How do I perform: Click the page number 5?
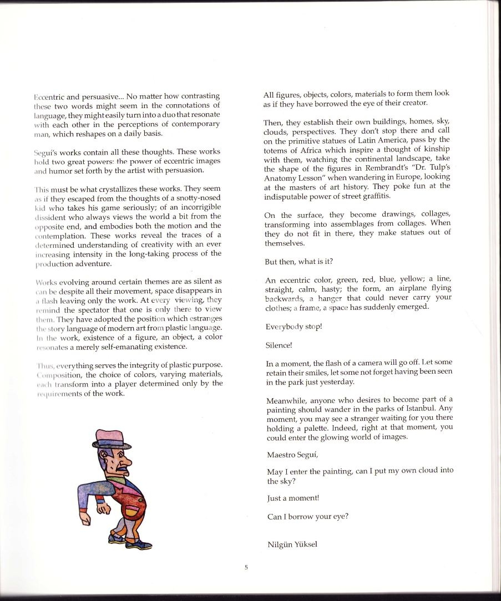[246, 567]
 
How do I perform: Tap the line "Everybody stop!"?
[293, 327]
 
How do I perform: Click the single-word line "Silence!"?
[279, 345]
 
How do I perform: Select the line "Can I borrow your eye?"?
[307, 517]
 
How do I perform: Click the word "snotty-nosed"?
[198, 198]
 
